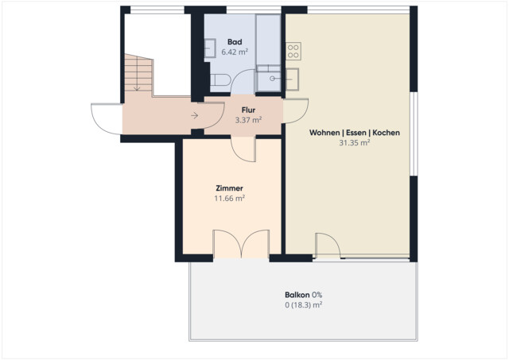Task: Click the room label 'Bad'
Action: click(x=235, y=42)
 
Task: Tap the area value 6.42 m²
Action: click(x=234, y=52)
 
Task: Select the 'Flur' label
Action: click(x=248, y=110)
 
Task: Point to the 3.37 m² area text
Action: click(x=248, y=121)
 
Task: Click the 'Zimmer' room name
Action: click(x=229, y=188)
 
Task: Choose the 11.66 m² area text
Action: click(x=229, y=199)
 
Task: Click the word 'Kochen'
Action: click(x=386, y=133)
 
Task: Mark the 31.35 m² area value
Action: click(x=354, y=143)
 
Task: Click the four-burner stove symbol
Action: click(x=293, y=52)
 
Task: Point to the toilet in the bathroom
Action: click(x=220, y=79)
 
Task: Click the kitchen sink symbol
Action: click(x=293, y=78)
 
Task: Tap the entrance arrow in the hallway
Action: click(x=194, y=116)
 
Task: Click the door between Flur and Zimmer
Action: click(x=243, y=146)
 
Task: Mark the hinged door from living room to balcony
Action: click(x=327, y=245)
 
